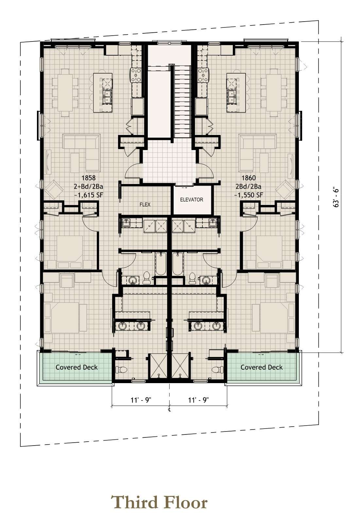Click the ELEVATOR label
(x=192, y=200)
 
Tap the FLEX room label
(x=145, y=204)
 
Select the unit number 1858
(x=88, y=178)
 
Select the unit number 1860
(x=249, y=178)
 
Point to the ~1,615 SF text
(x=88, y=195)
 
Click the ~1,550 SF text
(x=249, y=195)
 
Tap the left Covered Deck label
(x=77, y=367)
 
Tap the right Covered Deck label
(x=262, y=367)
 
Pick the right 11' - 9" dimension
(x=198, y=400)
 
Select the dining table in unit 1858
(x=65, y=92)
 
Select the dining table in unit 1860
(x=274, y=92)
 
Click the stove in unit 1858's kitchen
(x=136, y=75)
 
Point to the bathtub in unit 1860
(x=178, y=264)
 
